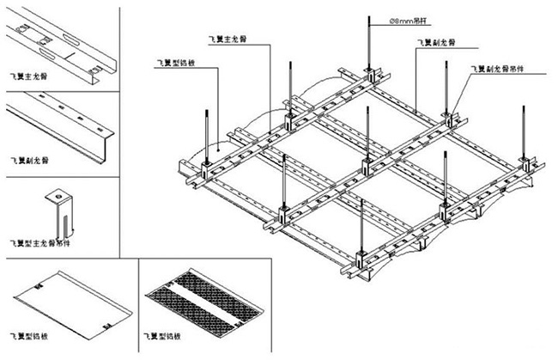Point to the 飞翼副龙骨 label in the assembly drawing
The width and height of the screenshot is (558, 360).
[x=436, y=41]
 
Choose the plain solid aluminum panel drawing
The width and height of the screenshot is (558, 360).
[x=69, y=302]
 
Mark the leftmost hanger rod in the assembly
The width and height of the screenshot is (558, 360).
[x=208, y=133]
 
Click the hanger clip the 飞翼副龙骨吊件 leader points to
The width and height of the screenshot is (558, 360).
[x=447, y=113]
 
